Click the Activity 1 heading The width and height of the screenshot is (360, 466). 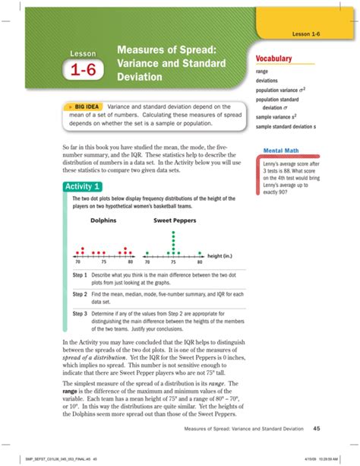[x=86, y=187]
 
